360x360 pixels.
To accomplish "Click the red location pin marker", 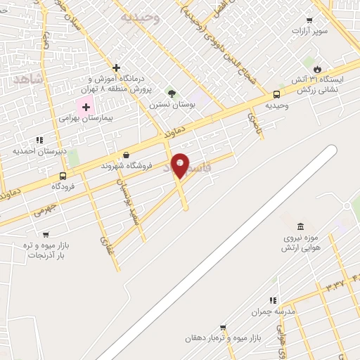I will [x=180, y=165].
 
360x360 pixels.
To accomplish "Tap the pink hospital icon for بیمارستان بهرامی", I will [x=86, y=108].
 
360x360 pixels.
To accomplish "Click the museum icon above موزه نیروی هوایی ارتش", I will [x=301, y=226].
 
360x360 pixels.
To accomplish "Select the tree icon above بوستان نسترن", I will [x=172, y=93].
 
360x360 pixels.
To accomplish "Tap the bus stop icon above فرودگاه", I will [x=63, y=176].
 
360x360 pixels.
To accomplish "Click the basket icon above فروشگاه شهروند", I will [x=126, y=155].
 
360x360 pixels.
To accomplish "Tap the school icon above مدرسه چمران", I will [x=272, y=300].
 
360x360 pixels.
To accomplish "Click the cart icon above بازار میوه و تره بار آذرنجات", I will [x=46, y=235].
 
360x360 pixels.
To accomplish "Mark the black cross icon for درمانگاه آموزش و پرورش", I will [x=116, y=67].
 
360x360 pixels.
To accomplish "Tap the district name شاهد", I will [x=27, y=79].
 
